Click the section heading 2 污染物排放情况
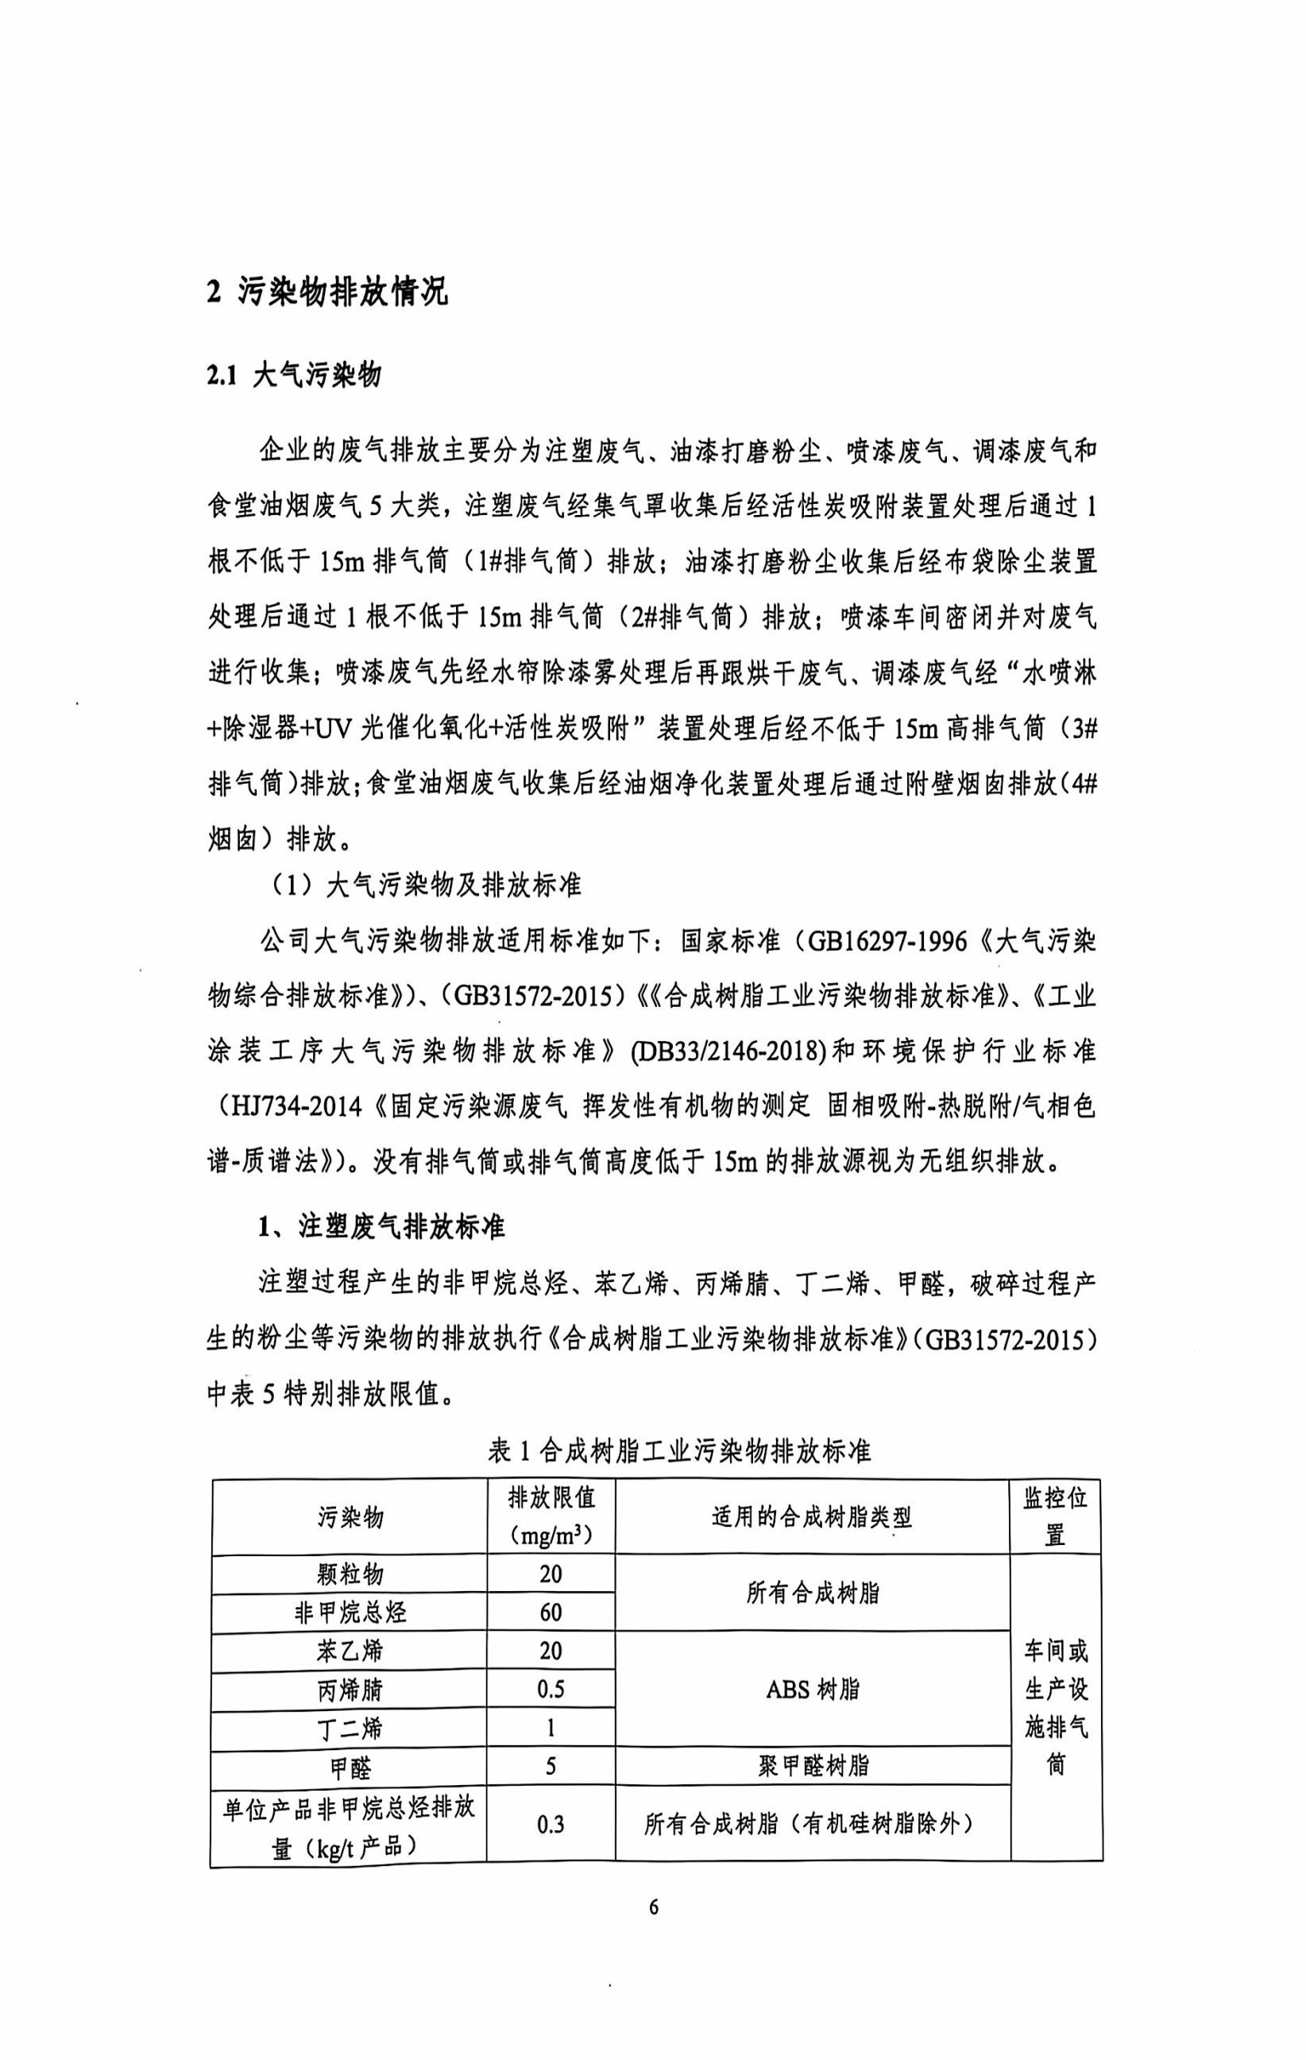[326, 293]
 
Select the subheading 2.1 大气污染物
[293, 377]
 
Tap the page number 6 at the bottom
[655, 1907]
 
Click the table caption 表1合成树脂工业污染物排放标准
[679, 1452]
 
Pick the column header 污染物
[350, 1518]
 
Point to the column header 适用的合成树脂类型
[812, 1518]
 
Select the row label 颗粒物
[350, 1574]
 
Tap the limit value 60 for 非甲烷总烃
[551, 1613]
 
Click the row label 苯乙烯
[350, 1651]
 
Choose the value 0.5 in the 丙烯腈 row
[551, 1690]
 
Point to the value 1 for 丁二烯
[551, 1728]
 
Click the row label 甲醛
[350, 1767]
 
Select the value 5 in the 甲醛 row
[551, 1767]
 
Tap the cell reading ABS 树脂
[812, 1690]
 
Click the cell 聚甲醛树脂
[812, 1767]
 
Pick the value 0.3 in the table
[551, 1825]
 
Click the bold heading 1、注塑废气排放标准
[382, 1229]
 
